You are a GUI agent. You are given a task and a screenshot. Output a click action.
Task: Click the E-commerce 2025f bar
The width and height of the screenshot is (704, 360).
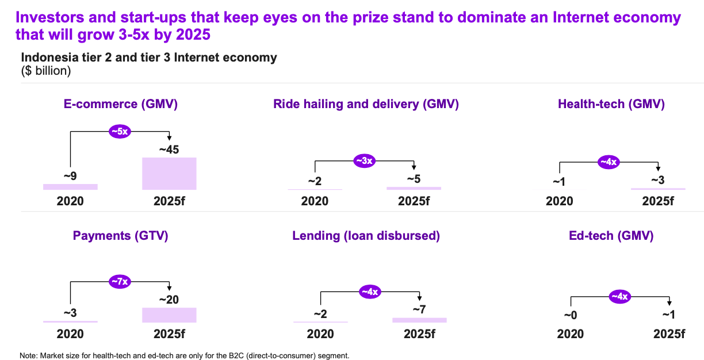[169, 174]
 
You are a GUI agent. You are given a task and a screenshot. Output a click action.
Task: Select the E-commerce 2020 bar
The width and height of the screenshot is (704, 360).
[70, 187]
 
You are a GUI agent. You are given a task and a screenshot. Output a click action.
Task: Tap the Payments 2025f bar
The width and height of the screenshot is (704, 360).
[169, 315]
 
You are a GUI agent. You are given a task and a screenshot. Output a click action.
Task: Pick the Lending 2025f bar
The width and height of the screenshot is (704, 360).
[419, 320]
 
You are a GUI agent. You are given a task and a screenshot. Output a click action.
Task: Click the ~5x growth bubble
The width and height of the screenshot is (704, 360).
[120, 131]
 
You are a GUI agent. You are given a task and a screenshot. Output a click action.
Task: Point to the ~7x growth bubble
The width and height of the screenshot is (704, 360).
[120, 281]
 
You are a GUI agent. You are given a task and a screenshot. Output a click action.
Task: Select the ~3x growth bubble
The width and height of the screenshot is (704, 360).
[365, 161]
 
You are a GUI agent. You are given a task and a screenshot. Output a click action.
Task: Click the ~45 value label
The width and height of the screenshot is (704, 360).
[169, 150]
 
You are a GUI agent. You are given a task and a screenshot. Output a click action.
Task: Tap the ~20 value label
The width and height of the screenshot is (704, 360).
[169, 300]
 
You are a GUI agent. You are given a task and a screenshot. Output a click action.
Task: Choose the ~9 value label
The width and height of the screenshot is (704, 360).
[70, 176]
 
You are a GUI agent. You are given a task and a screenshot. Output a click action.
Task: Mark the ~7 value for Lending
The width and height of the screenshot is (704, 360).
[419, 309]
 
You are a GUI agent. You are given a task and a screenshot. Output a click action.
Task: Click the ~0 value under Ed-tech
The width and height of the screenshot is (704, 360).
[571, 315]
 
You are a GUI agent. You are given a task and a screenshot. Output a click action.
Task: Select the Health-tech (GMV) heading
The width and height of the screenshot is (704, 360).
[611, 104]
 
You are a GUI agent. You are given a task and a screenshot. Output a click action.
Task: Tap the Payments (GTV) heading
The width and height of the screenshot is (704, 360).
[120, 236]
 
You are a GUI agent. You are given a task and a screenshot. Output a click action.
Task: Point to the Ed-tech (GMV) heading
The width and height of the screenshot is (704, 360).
[611, 236]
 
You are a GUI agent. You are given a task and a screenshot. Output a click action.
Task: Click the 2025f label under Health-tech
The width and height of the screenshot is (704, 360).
[658, 201]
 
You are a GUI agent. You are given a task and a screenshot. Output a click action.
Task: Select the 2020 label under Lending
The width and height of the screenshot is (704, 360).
[320, 334]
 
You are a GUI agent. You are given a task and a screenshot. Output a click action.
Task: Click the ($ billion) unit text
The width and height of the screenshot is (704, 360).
[46, 71]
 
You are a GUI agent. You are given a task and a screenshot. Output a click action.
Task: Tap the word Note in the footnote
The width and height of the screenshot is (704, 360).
[28, 355]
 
